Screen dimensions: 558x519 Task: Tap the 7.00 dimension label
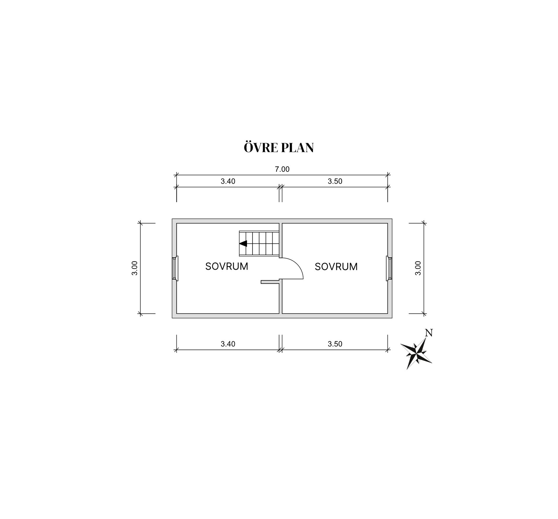pyautogui.click(x=282, y=169)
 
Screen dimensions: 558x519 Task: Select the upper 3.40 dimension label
pyautogui.click(x=228, y=181)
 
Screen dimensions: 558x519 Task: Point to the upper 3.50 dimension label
pyautogui.click(x=335, y=181)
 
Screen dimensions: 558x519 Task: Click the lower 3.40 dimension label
pyautogui.click(x=228, y=344)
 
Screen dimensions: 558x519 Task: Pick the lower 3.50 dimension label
pyautogui.click(x=335, y=344)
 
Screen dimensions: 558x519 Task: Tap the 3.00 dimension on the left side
pyautogui.click(x=135, y=268)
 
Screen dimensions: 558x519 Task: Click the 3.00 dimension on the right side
pyautogui.click(x=418, y=268)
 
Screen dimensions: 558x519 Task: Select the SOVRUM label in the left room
pyautogui.click(x=227, y=266)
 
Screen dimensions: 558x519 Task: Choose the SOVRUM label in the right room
pyautogui.click(x=336, y=266)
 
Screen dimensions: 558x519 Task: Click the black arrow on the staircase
pyautogui.click(x=243, y=243)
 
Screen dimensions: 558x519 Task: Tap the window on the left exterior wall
pyautogui.click(x=175, y=268)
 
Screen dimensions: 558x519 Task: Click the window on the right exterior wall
pyautogui.click(x=389, y=268)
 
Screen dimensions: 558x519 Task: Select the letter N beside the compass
pyautogui.click(x=429, y=333)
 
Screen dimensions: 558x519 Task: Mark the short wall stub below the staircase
pyautogui.click(x=270, y=282)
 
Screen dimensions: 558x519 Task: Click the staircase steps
pyautogui.click(x=259, y=243)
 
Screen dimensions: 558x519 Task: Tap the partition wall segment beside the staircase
pyautogui.click(x=280, y=240)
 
